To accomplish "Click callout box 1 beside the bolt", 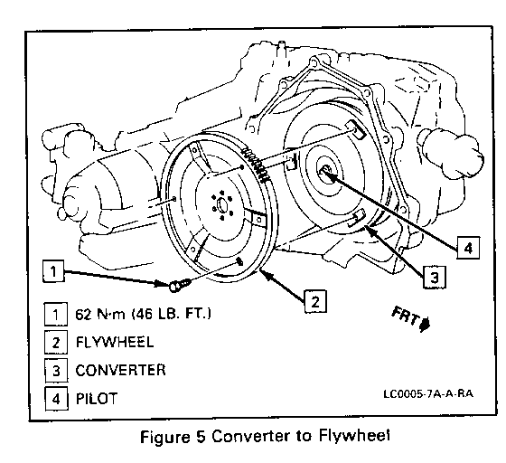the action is click(x=53, y=271).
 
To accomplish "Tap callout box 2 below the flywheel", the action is click(x=315, y=301).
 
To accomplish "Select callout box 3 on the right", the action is click(x=435, y=277).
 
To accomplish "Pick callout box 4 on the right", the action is click(x=468, y=248).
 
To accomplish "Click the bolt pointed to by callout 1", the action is click(x=180, y=286).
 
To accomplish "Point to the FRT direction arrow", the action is click(x=426, y=324).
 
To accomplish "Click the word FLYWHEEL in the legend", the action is click(x=115, y=342).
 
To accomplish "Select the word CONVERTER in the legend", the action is click(x=120, y=371).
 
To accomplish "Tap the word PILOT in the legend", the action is click(x=96, y=399).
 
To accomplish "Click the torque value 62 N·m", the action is click(x=100, y=314).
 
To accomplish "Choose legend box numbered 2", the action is click(x=56, y=342).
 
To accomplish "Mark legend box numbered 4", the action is click(x=56, y=399).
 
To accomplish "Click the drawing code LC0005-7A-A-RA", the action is click(x=428, y=394).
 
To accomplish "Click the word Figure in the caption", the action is click(x=164, y=437).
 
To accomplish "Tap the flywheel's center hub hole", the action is click(x=222, y=205).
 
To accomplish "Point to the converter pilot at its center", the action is click(x=326, y=170).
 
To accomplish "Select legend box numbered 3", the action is click(x=56, y=371).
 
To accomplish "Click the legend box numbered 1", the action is click(x=56, y=314).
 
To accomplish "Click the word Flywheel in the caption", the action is click(x=354, y=436).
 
